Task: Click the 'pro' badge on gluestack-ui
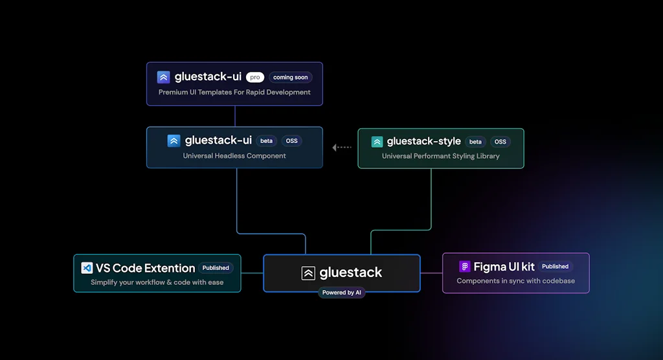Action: [x=255, y=77]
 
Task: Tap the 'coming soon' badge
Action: [x=291, y=77]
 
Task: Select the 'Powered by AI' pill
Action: [x=342, y=293]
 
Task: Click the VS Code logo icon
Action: [x=87, y=268]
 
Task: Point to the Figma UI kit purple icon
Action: [x=465, y=267]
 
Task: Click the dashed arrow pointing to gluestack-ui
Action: [x=342, y=148]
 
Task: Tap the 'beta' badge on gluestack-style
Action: [x=475, y=142]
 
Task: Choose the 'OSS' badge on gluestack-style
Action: [x=500, y=142]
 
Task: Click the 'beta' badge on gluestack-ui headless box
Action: [x=267, y=141]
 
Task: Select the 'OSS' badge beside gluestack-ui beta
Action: [x=292, y=141]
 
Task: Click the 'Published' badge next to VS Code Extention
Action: [x=216, y=267]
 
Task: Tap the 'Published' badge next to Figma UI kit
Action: [x=555, y=266]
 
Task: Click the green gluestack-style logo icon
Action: [x=377, y=142]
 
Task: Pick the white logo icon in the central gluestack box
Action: [x=308, y=273]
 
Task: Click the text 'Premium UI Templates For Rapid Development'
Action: [x=234, y=93]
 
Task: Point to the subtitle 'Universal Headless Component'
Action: [x=234, y=156]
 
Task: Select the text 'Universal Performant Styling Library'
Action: [x=440, y=156]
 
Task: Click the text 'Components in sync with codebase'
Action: [x=515, y=281]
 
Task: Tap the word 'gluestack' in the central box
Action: [x=351, y=273]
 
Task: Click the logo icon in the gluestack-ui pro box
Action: [x=164, y=77]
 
